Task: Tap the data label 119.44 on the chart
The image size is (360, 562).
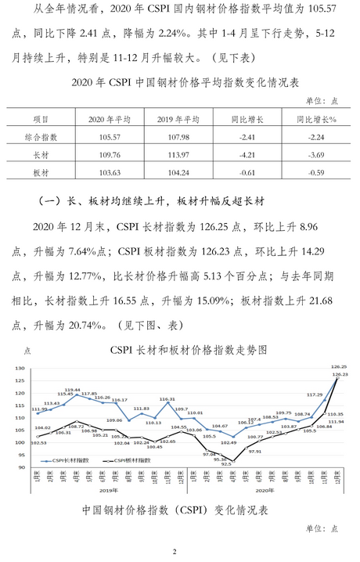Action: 73,389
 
